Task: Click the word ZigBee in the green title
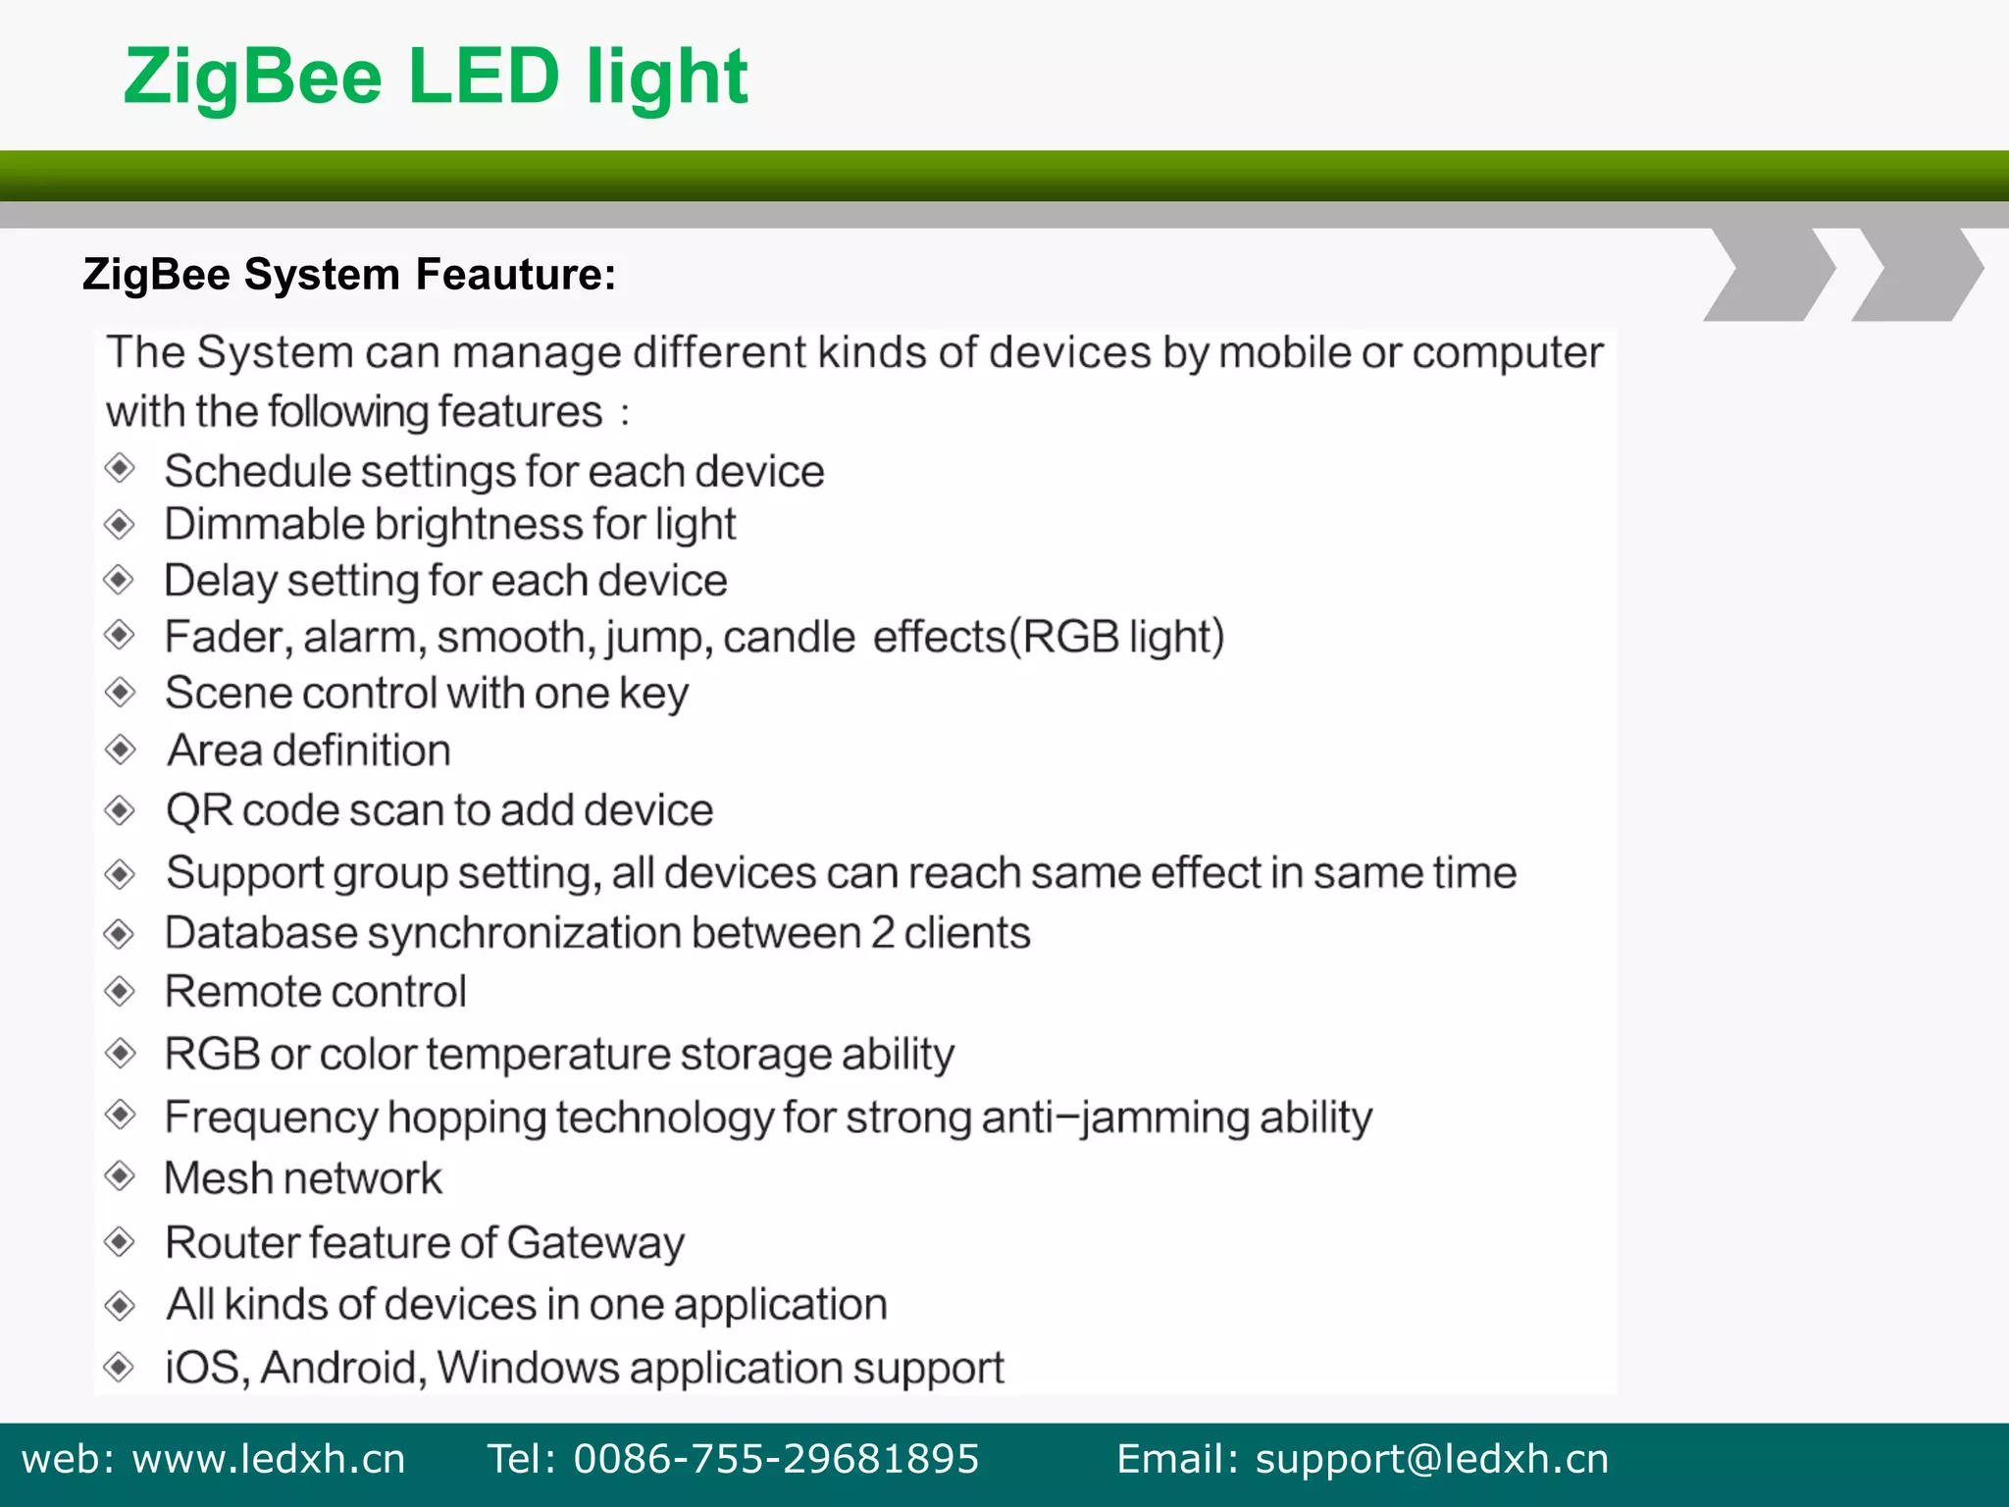(253, 78)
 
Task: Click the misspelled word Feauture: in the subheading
(516, 275)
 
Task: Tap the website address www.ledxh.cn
(268, 1459)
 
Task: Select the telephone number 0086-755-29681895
(776, 1459)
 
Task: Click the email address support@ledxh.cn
(1431, 1459)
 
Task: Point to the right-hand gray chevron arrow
(1918, 274)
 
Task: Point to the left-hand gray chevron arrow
(1771, 274)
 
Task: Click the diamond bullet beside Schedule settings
(120, 468)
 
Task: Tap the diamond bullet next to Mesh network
(120, 1175)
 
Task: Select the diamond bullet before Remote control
(120, 991)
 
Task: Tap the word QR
(199, 811)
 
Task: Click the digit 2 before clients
(883, 933)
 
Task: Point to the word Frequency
(272, 1117)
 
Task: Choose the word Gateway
(595, 1243)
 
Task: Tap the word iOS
(203, 1368)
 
